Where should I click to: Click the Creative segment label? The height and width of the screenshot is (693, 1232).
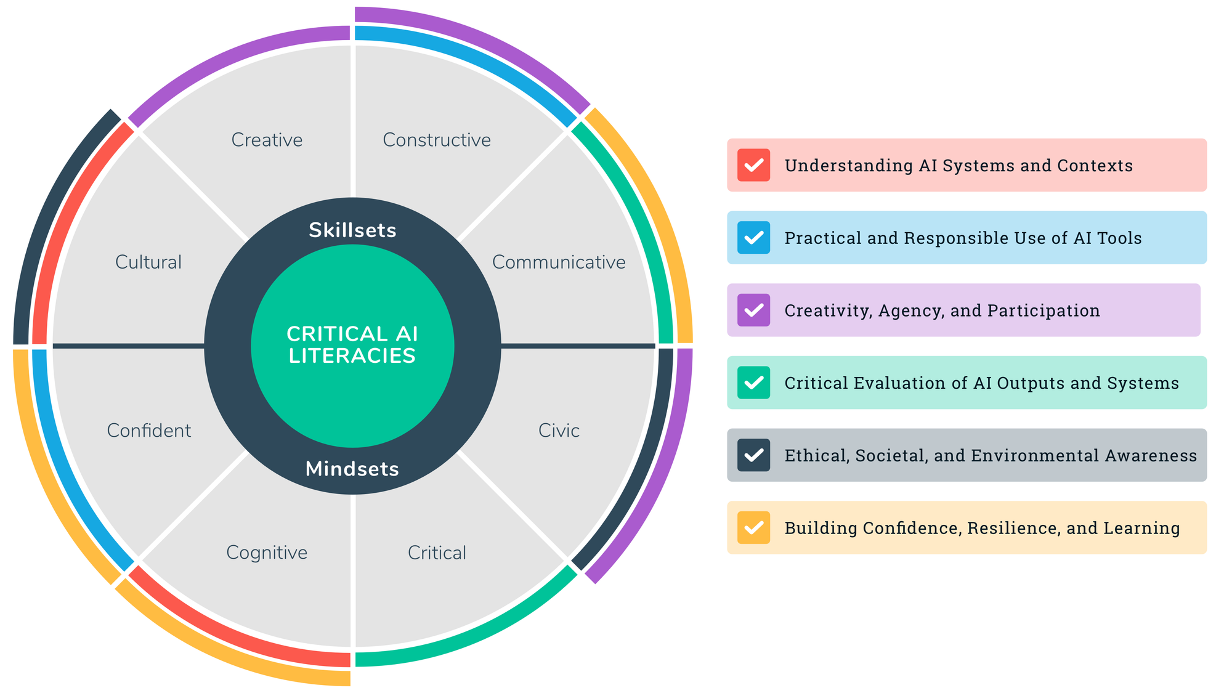click(267, 140)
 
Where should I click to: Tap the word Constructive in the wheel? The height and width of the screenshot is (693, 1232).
click(437, 140)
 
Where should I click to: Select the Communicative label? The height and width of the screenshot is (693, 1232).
click(559, 262)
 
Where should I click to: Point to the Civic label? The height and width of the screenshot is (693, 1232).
click(559, 431)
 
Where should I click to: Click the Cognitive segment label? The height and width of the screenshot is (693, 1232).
click(267, 553)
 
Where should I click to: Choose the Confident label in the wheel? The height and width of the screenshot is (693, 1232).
click(149, 431)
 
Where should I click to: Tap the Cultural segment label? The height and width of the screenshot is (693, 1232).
click(148, 262)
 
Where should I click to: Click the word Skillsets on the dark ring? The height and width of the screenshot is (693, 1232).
click(352, 230)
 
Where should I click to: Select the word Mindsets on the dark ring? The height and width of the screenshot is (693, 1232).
click(352, 469)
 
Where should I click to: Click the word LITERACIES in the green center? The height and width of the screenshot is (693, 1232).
click(352, 356)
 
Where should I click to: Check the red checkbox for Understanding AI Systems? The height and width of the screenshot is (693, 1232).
click(753, 165)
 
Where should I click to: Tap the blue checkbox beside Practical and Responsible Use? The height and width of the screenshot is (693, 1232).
click(753, 238)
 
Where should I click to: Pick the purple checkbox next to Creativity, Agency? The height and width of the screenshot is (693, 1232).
click(753, 310)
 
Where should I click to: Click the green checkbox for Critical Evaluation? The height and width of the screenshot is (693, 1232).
click(753, 383)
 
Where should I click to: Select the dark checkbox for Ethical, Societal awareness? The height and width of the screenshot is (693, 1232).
click(753, 455)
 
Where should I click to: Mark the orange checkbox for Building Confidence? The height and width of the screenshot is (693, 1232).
click(753, 528)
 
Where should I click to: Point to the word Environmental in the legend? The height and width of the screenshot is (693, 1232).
click(1052, 455)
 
